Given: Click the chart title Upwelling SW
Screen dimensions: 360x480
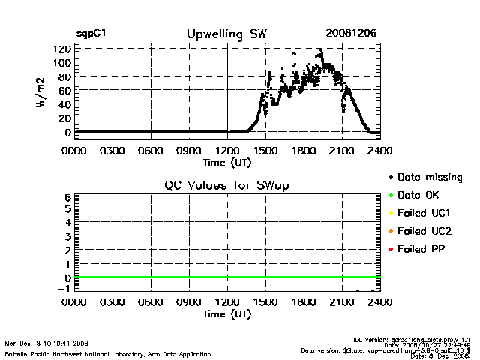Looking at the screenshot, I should pyautogui.click(x=226, y=34).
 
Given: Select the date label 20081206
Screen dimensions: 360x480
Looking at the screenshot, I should pyautogui.click(x=351, y=34).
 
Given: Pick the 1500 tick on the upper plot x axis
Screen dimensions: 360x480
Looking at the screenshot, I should pyautogui.click(x=265, y=150).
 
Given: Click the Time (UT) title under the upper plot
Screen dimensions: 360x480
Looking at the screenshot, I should pyautogui.click(x=227, y=161).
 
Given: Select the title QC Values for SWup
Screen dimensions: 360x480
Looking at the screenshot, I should pyautogui.click(x=226, y=185).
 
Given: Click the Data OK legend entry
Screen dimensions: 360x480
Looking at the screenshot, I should pyautogui.click(x=422, y=196).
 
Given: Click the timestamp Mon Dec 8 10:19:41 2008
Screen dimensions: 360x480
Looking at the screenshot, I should pyautogui.click(x=47, y=343).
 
